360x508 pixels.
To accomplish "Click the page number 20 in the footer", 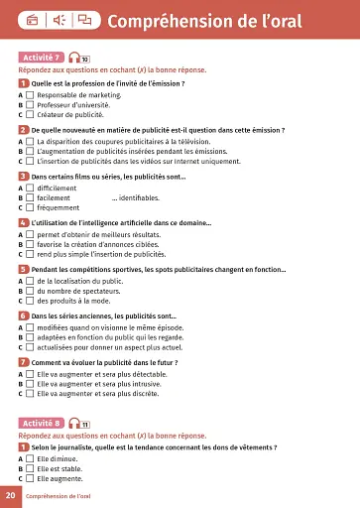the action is (x=9, y=494).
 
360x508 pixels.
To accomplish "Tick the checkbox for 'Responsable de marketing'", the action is (x=30, y=94).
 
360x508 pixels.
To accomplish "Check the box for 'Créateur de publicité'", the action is (x=30, y=114).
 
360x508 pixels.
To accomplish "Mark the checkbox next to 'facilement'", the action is (x=30, y=198).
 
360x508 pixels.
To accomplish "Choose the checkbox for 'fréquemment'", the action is (x=30, y=208).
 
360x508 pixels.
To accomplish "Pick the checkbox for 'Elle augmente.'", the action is (x=30, y=479).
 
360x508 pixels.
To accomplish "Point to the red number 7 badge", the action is (x=23, y=361).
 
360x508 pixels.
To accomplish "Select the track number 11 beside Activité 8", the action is (x=85, y=425).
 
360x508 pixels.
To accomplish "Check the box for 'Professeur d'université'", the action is (x=30, y=104).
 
